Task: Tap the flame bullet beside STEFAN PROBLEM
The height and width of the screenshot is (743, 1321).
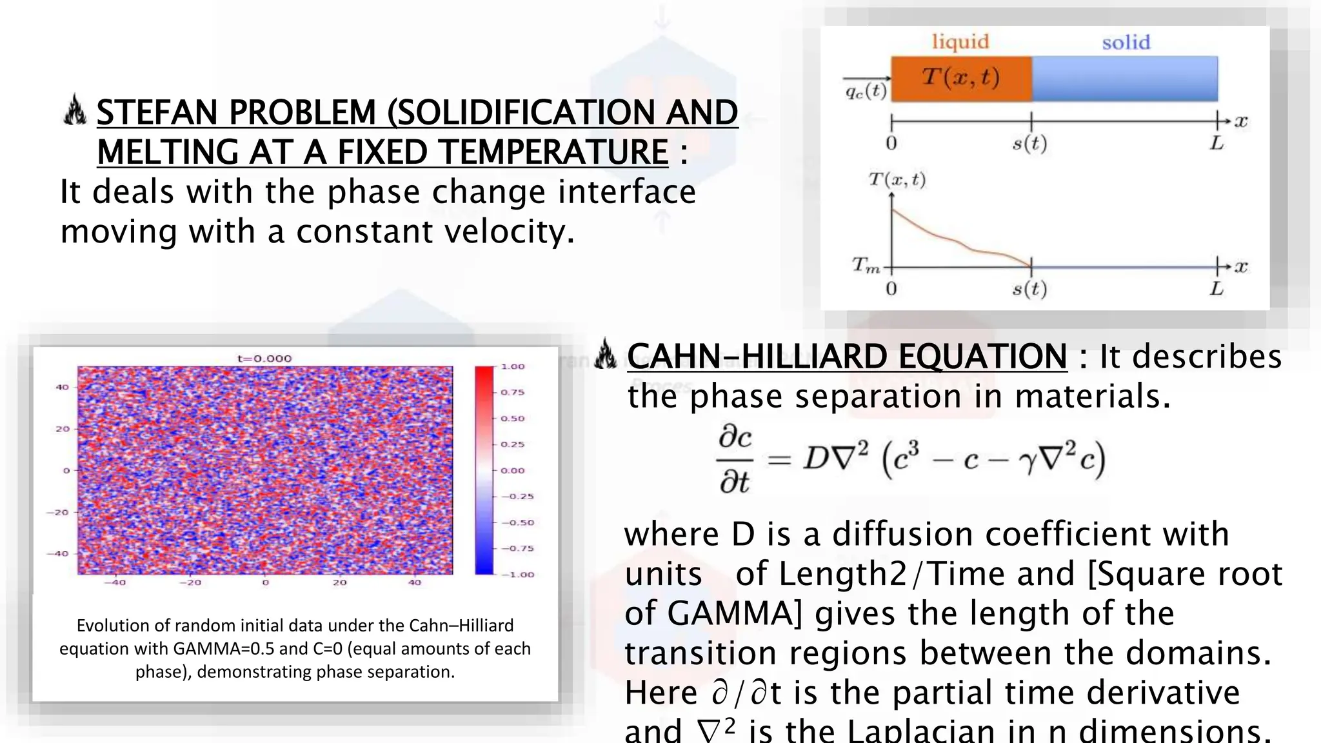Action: (x=75, y=110)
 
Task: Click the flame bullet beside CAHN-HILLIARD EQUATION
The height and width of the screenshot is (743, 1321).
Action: (x=605, y=354)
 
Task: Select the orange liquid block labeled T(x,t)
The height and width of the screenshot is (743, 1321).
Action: (x=961, y=79)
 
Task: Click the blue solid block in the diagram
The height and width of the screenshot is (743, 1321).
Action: (x=1125, y=79)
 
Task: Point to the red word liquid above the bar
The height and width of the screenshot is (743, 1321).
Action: (x=960, y=42)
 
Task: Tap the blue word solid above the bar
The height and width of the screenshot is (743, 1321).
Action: (x=1126, y=43)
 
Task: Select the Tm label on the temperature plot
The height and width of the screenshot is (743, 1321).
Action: (x=865, y=265)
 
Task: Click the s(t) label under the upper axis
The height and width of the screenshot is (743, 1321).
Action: (x=1029, y=143)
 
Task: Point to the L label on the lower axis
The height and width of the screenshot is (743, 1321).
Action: (x=1217, y=288)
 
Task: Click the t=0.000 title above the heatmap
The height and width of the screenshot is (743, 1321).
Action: (x=264, y=359)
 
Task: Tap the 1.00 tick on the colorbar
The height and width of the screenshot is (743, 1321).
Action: (x=513, y=366)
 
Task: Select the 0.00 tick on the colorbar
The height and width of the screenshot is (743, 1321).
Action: (x=513, y=470)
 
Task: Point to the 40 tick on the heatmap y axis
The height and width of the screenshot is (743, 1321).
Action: (x=62, y=387)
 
